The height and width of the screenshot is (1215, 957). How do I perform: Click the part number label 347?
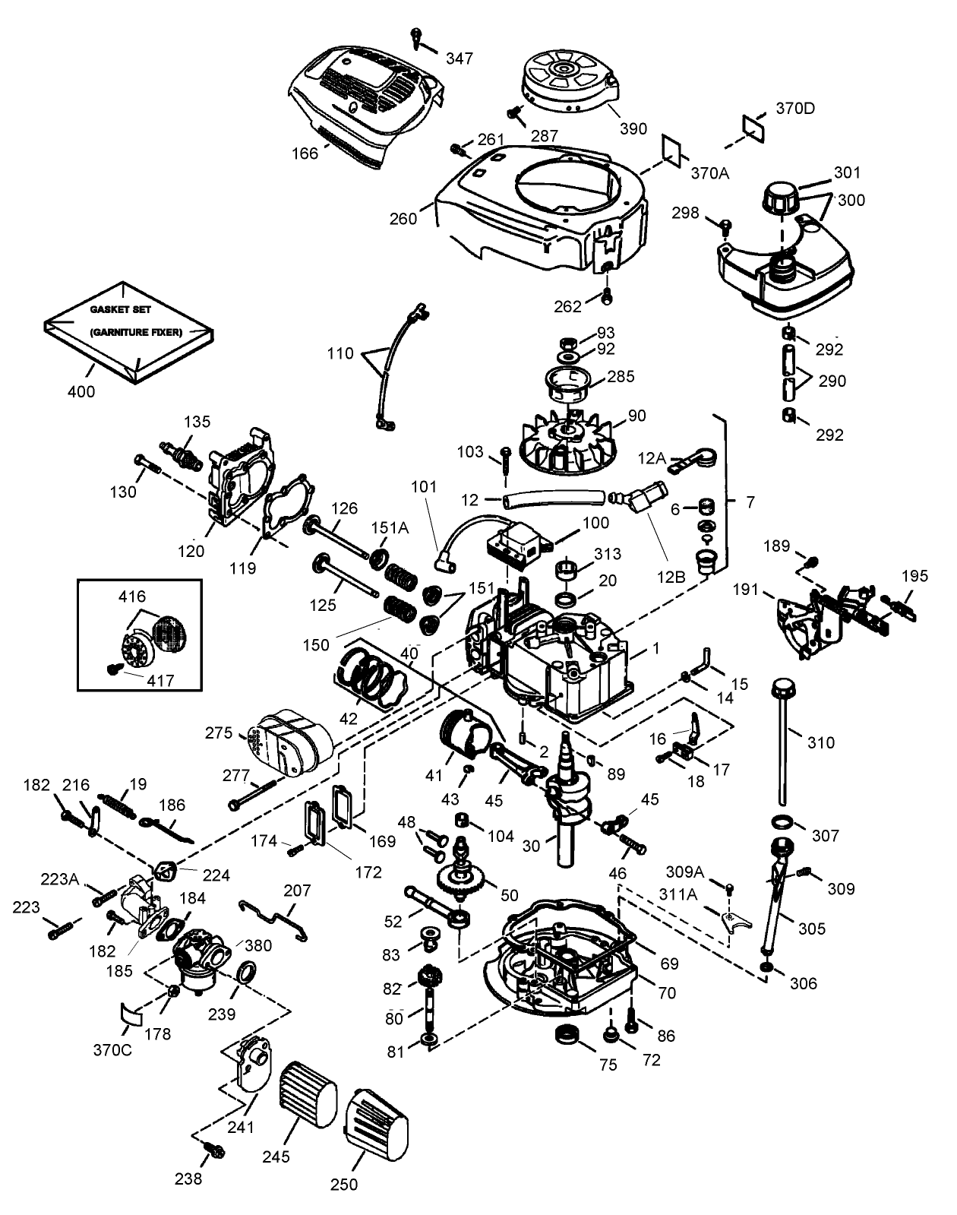point(460,59)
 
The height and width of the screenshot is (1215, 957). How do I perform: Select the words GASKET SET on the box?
point(120,310)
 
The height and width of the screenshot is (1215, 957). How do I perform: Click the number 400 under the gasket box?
point(81,392)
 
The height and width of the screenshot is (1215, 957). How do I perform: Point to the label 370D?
point(795,108)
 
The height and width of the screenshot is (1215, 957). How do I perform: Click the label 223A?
point(60,879)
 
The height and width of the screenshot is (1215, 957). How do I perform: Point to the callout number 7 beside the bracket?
point(750,502)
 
